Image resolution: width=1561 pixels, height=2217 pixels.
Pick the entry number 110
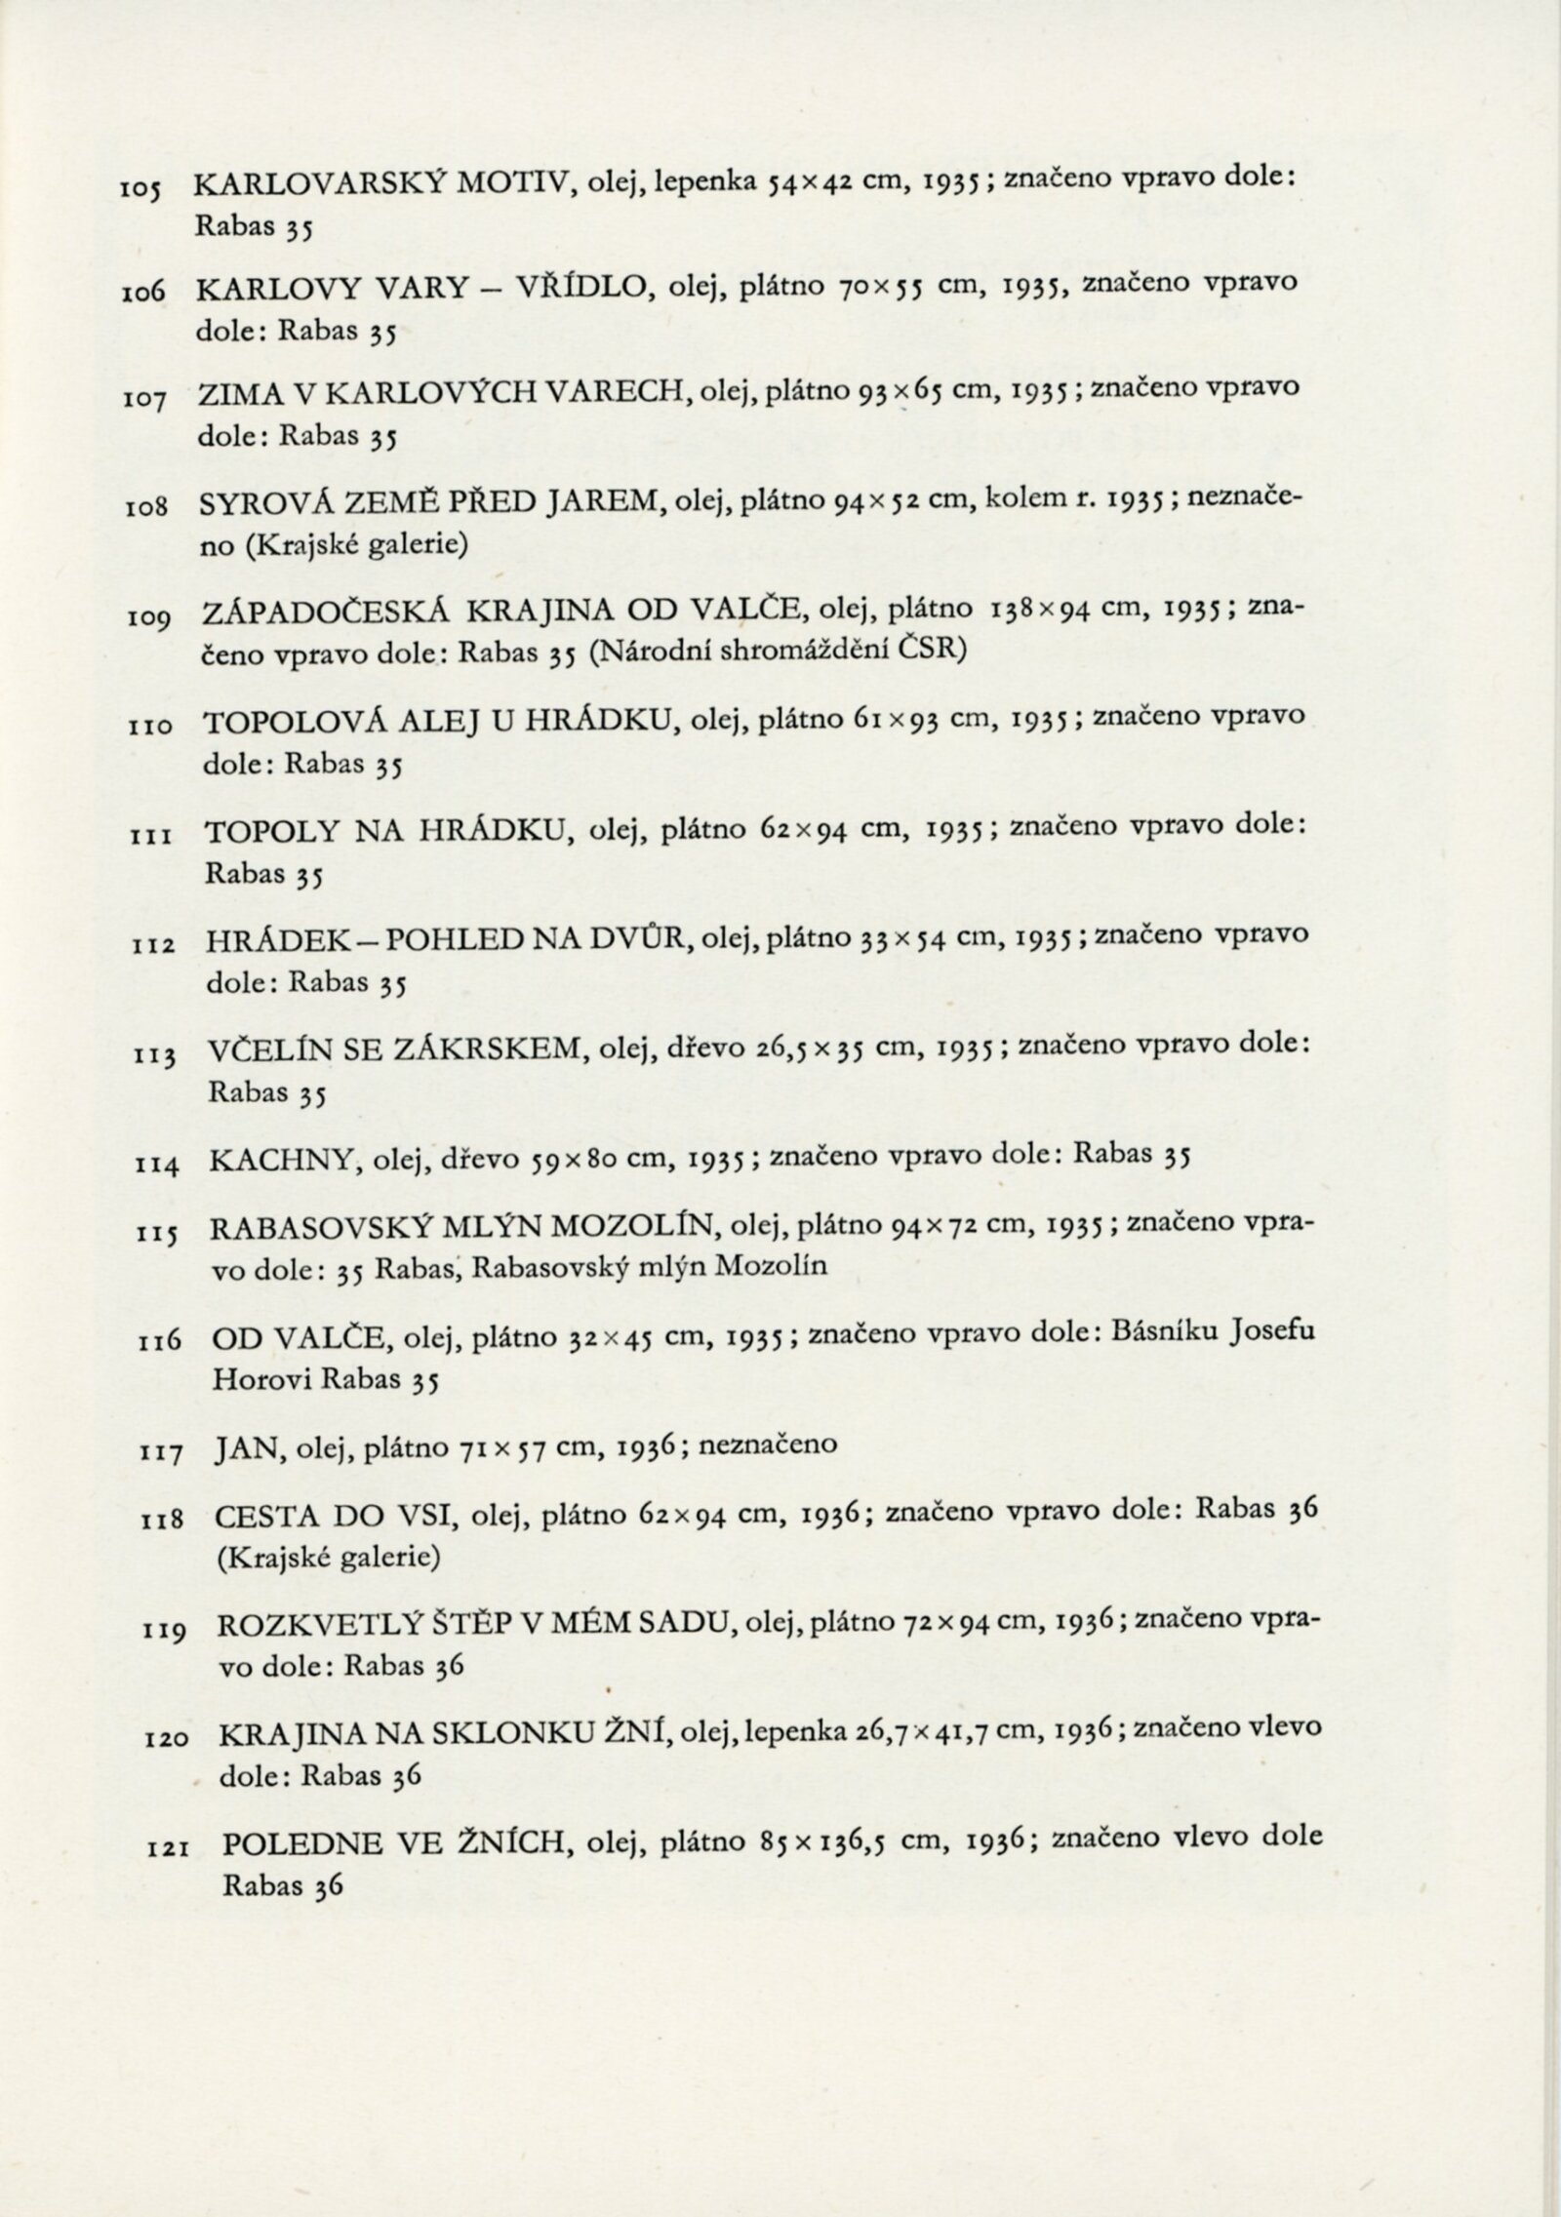coord(151,727)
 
